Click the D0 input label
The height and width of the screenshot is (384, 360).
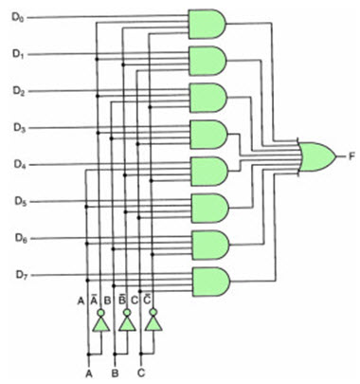(20, 17)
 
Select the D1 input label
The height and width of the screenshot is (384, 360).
(20, 54)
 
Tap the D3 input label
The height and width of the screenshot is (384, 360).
(20, 127)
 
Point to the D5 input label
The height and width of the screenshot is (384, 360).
(20, 201)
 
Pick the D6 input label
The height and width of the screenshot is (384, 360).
(20, 238)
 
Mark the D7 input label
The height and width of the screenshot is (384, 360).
(20, 275)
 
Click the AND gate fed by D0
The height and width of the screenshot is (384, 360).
(207, 24)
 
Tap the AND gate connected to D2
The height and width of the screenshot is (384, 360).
(207, 97)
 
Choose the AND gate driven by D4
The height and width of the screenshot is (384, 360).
(207, 171)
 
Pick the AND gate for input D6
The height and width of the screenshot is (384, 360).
(207, 244)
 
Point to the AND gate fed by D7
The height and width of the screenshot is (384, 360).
(207, 281)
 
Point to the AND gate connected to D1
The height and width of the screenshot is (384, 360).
(207, 61)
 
